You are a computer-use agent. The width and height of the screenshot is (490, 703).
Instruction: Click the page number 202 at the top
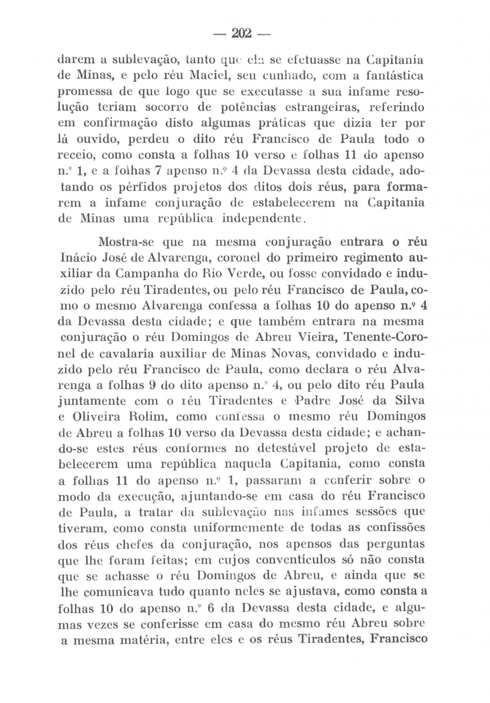pyautogui.click(x=241, y=34)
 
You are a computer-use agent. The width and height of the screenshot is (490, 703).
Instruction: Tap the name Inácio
pyautogui.click(x=79, y=258)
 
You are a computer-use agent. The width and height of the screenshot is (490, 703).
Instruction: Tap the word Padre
pyautogui.click(x=310, y=400)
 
